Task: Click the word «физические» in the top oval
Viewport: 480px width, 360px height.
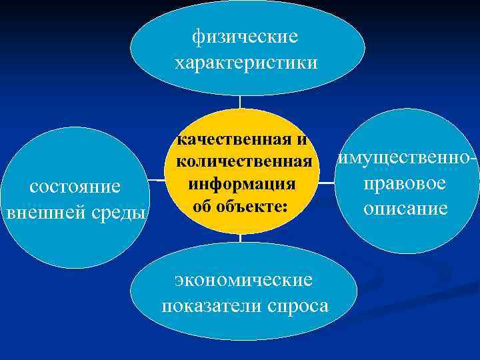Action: click(245, 36)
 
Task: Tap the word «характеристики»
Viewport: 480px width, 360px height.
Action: click(246, 63)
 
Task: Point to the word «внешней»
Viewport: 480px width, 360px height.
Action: click(44, 213)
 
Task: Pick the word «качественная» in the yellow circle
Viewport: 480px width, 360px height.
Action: click(233, 141)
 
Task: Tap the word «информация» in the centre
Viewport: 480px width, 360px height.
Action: click(242, 183)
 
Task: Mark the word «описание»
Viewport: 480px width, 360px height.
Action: click(405, 209)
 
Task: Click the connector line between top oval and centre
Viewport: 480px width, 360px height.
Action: click(240, 102)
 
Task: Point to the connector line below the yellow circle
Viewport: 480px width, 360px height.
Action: click(240, 239)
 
